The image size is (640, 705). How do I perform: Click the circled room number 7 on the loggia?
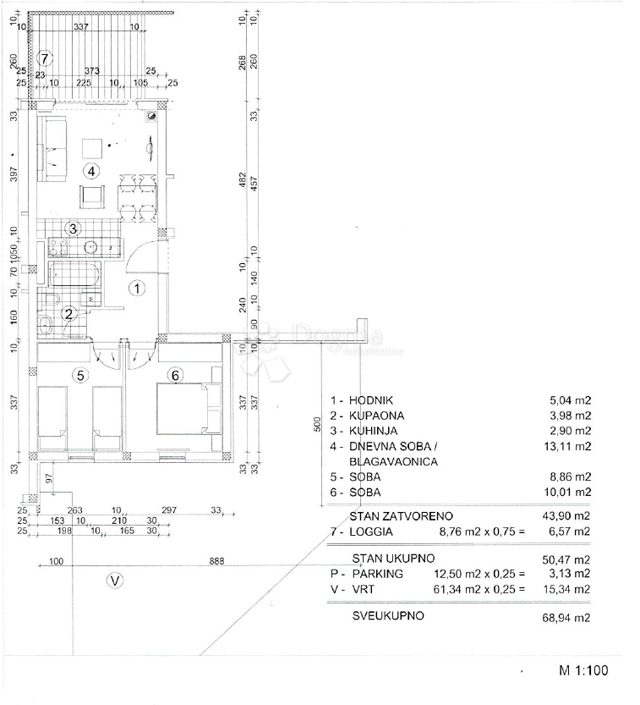point(46,58)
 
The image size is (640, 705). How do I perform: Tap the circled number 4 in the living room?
point(91,171)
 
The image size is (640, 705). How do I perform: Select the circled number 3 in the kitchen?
point(74,228)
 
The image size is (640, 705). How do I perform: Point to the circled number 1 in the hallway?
point(137,288)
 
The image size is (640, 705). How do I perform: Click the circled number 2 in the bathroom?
point(70,313)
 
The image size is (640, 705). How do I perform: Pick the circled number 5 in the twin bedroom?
point(80,375)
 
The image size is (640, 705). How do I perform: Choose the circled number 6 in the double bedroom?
point(175,375)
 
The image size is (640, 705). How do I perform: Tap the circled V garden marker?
point(116,581)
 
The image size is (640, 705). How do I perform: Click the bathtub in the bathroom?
point(74,276)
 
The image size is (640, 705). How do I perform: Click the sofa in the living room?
point(54,150)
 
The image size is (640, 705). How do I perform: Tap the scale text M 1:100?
point(583,670)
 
